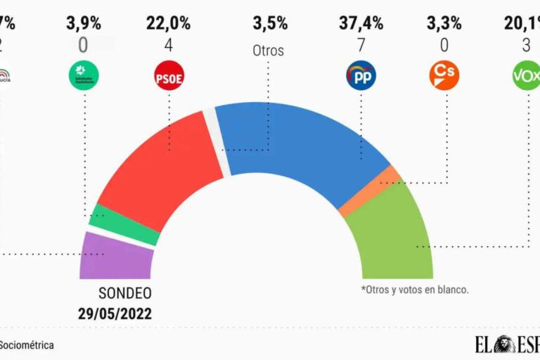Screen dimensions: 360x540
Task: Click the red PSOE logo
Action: [168, 76]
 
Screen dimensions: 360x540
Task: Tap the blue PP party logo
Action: [361, 76]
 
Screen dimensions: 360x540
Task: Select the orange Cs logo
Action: [444, 76]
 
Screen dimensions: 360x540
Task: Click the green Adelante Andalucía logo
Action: [84, 76]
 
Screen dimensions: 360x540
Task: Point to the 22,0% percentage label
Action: [168, 23]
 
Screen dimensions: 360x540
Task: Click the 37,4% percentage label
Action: [361, 23]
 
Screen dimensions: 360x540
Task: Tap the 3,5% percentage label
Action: [270, 23]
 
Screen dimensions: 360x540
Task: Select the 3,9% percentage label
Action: [84, 23]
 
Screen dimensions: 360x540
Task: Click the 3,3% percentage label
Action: [444, 23]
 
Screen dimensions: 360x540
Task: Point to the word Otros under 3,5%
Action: [268, 51]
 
